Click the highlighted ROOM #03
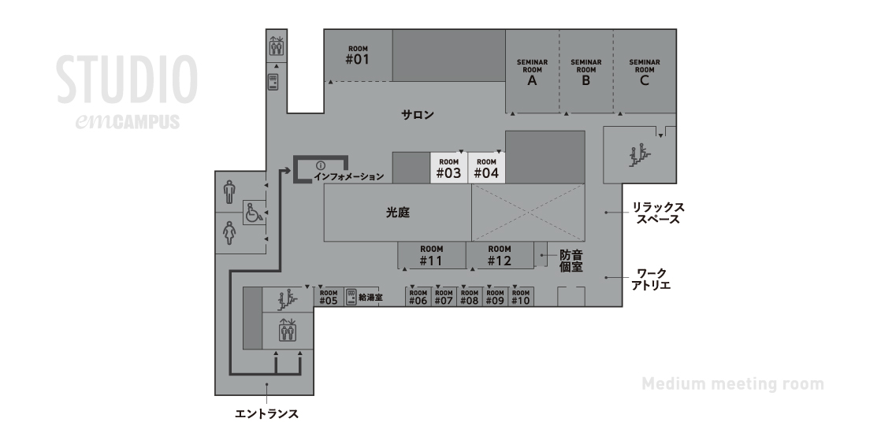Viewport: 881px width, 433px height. [449, 168]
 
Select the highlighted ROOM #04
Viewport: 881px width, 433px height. [486, 168]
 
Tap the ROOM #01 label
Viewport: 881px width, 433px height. [357, 56]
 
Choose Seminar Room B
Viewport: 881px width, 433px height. [586, 72]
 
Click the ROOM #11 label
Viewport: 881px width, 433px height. [432, 256]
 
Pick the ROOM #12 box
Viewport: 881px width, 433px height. [500, 256]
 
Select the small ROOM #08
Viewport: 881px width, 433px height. [469, 297]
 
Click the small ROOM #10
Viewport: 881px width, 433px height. [521, 297]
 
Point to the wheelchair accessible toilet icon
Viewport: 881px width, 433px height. [254, 213]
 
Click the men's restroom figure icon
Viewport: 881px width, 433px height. [229, 192]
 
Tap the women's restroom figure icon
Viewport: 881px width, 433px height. [229, 233]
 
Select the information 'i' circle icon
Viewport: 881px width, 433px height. [321, 165]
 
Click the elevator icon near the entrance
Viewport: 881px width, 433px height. [288, 330]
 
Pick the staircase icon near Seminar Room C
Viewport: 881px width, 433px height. [639, 156]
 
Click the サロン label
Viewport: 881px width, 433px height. [418, 115]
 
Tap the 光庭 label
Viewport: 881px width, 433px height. [398, 213]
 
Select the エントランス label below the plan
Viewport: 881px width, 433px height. [266, 414]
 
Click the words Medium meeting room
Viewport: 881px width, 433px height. [733, 384]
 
